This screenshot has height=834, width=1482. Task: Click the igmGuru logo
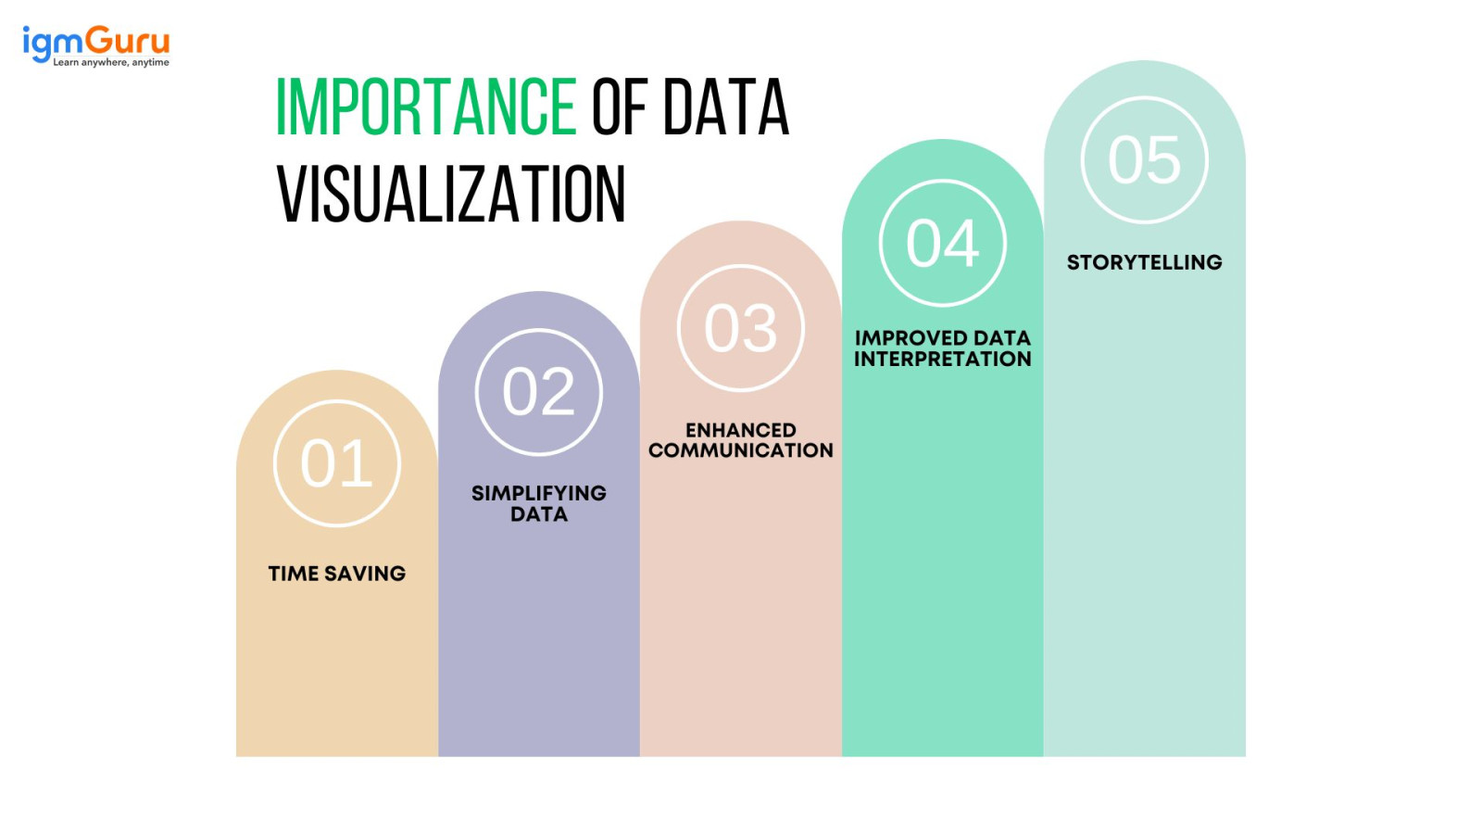pos(95,43)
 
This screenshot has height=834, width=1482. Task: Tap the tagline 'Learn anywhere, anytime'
pos(111,63)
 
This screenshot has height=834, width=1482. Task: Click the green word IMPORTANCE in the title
pos(426,107)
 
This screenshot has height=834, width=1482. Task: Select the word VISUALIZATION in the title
pos(451,195)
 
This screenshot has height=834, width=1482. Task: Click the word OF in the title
pos(619,107)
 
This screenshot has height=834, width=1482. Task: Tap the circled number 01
pos(337,463)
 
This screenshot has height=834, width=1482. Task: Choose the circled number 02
pos(539,392)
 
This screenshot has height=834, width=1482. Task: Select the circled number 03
pos(741,328)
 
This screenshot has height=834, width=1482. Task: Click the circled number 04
pos(943,244)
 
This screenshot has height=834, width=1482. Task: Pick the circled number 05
pos(1145,160)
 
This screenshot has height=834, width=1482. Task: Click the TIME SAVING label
pos(337,574)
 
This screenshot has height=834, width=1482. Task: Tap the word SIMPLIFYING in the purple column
pos(539,493)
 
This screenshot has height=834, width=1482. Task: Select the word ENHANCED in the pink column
pos(741,430)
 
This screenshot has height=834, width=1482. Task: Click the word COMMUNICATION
pos(741,450)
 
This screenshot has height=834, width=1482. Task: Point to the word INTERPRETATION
pos(943,360)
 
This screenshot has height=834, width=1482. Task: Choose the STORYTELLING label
pos(1145,262)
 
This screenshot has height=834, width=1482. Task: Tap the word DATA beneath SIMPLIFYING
pos(539,514)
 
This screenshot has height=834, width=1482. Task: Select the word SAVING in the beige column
pos(365,574)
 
